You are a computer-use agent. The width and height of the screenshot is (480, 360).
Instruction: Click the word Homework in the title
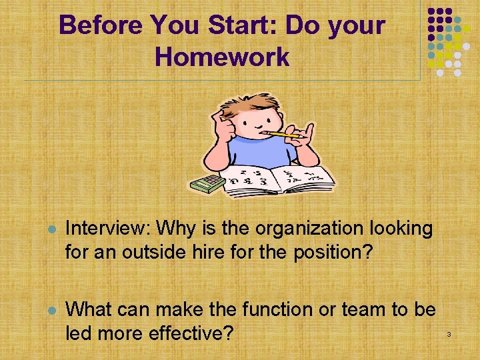(x=222, y=57)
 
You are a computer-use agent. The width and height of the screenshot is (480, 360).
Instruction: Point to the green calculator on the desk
(x=207, y=183)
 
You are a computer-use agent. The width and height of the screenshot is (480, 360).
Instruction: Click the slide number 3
(x=449, y=333)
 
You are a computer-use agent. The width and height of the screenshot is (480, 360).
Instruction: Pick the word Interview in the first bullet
(x=107, y=229)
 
